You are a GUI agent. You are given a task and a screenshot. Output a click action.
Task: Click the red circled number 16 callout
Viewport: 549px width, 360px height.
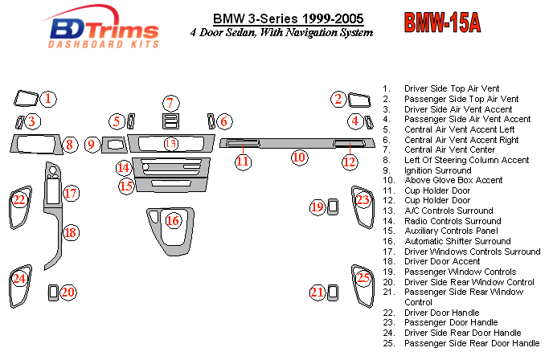[x=173, y=220]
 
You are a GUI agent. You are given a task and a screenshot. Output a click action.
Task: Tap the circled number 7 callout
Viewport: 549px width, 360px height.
[x=170, y=103]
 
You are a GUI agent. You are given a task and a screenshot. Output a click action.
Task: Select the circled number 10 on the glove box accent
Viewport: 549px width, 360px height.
[x=299, y=157]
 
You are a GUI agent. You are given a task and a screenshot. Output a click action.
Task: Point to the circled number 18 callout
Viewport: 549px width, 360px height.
[x=71, y=233]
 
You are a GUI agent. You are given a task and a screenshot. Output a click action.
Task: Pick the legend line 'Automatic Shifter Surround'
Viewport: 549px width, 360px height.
[x=457, y=241]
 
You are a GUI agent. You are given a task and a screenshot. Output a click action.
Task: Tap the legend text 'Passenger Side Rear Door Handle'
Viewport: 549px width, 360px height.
[x=471, y=343]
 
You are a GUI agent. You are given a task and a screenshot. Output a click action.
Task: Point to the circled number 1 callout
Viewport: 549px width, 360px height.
[x=48, y=99]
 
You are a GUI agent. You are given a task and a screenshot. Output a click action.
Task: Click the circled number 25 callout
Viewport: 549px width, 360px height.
[x=365, y=278]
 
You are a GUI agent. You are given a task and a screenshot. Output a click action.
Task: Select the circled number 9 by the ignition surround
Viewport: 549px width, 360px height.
[x=92, y=145]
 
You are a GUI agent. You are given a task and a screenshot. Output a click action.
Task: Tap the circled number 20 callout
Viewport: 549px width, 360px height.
[x=68, y=292]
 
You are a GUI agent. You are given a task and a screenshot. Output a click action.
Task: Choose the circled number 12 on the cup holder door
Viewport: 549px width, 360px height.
[x=349, y=162]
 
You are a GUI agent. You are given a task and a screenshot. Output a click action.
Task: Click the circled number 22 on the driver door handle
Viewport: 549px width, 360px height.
[x=18, y=199]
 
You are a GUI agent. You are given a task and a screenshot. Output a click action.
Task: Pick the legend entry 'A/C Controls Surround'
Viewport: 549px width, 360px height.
[x=449, y=211]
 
